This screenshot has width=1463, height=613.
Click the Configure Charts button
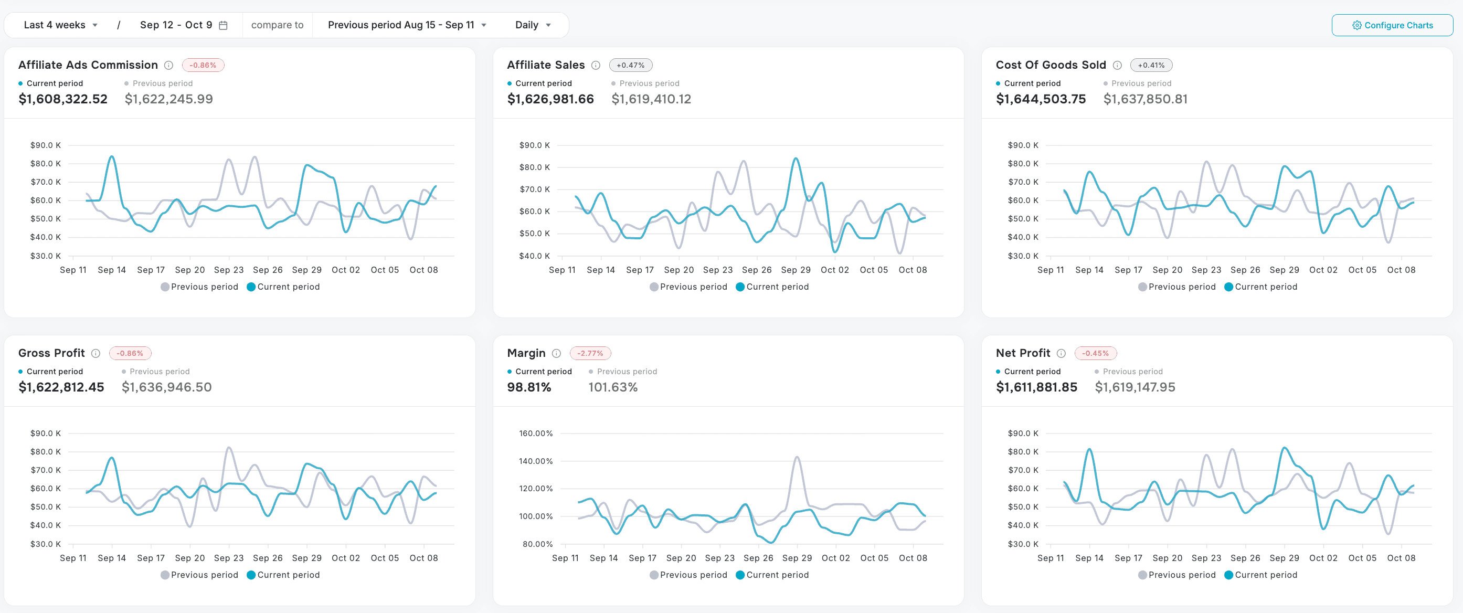click(1392, 25)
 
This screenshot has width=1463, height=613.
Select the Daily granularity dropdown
click(532, 25)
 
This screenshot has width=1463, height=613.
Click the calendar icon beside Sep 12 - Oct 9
click(223, 25)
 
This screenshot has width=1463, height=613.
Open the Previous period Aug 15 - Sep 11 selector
click(407, 25)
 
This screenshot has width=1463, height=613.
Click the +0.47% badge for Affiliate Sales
click(630, 65)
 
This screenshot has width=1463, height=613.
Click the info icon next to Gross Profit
click(96, 353)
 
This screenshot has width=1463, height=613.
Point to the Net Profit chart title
click(1022, 353)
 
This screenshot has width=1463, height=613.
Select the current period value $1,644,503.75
click(1040, 99)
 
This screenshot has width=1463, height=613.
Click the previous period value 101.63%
click(612, 387)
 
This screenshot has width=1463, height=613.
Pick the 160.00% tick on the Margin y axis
click(535, 433)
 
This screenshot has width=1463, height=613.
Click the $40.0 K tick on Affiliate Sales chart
click(534, 256)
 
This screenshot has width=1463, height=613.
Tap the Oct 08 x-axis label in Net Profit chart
click(1401, 558)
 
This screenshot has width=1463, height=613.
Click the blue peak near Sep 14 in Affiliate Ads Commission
click(111, 157)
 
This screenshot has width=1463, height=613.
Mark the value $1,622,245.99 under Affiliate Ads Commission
click(168, 99)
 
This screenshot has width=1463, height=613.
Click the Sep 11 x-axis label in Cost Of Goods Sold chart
click(1050, 270)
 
